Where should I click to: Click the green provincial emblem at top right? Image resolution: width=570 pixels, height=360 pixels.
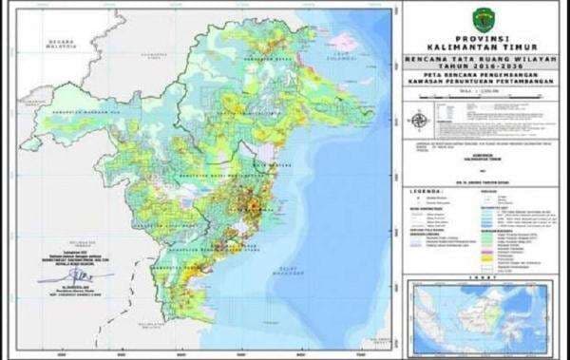[x=481, y=20]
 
